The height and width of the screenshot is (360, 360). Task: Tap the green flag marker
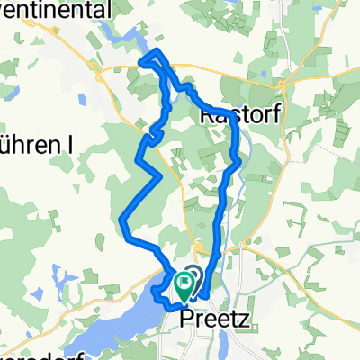pyautogui.click(x=185, y=285)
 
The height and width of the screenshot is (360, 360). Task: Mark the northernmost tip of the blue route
pyautogui.click(x=158, y=50)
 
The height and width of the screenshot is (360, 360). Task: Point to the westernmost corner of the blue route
pyautogui.click(x=122, y=217)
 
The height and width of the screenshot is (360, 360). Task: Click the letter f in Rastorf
pyautogui.click(x=266, y=116)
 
